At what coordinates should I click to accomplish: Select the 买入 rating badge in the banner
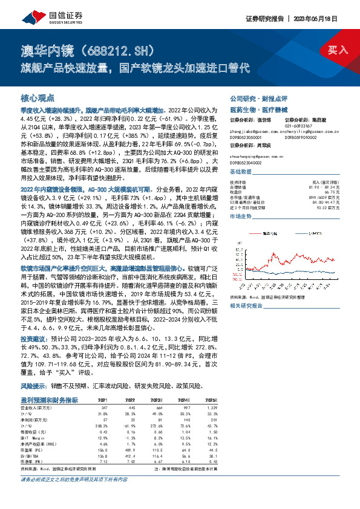tap(335, 51)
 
